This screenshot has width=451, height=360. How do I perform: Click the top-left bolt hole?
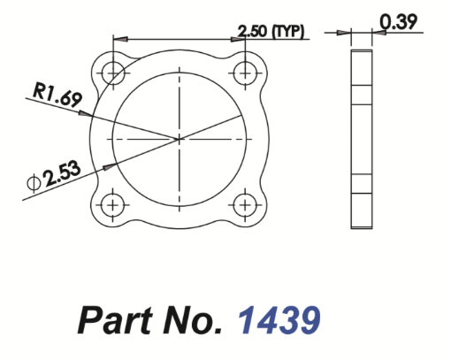[112, 72]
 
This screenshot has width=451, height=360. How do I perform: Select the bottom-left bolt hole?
[112, 205]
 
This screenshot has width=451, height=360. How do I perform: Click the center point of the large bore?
[179, 138]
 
